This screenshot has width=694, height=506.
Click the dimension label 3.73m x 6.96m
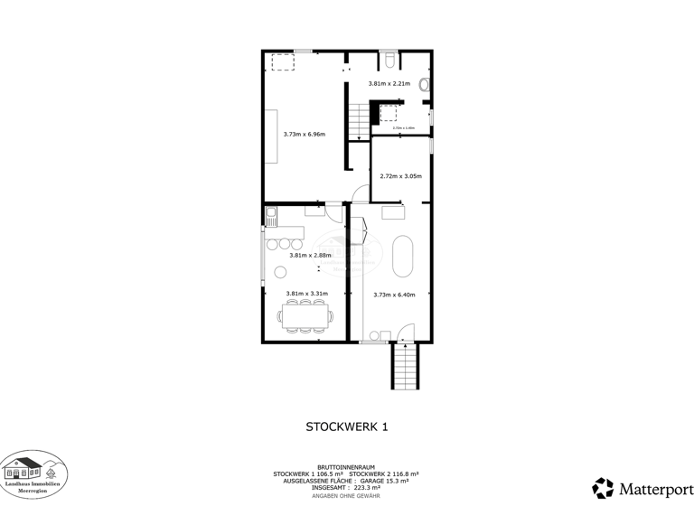click(304, 135)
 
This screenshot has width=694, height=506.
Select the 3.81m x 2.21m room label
click(389, 84)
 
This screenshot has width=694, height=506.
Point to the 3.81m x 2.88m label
click(310, 255)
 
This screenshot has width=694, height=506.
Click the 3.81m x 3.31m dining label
click(306, 294)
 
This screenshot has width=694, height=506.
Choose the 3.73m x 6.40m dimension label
click(394, 294)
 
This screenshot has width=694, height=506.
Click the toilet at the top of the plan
click(389, 61)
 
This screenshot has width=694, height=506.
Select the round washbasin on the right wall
click(425, 85)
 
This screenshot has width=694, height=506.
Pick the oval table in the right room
click(404, 257)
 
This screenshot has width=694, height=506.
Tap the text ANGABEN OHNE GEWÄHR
click(346, 495)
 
